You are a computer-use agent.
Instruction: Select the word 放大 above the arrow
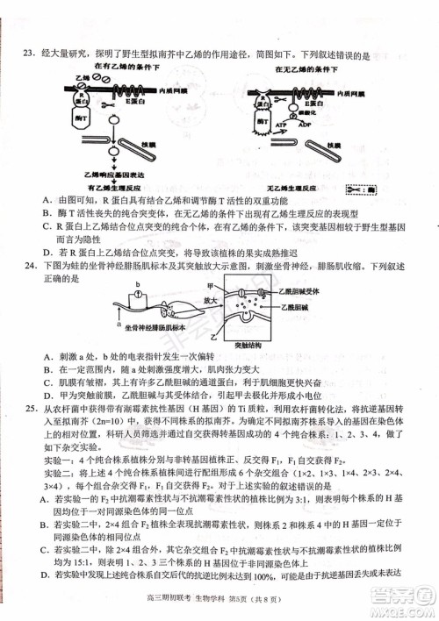[x=213, y=298]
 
